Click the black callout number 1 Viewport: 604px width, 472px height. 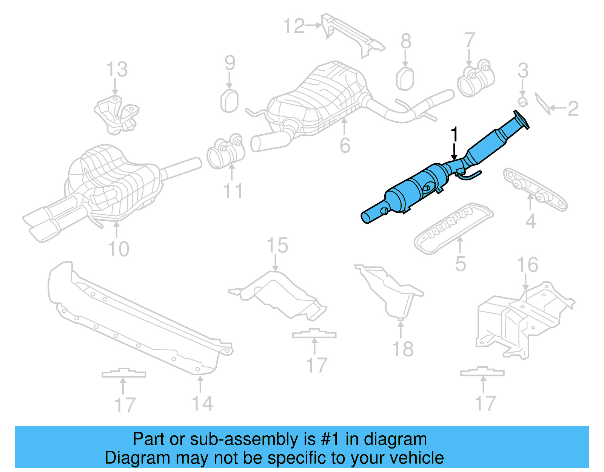pos(455,135)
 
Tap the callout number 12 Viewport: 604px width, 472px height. pos(294,26)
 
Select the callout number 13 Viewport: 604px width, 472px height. pos(117,70)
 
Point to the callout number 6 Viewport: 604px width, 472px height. pos(345,145)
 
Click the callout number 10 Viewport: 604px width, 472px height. pos(118,249)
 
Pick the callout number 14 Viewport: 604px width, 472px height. pos(203,403)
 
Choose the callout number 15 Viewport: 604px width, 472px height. pos(277,246)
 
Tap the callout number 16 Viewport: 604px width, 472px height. pos(527,265)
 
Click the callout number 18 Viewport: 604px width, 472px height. pos(403,349)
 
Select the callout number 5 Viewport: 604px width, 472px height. pos(460,264)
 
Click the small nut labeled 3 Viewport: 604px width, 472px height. pos(522,101)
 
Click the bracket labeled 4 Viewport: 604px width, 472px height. pos(535,190)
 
